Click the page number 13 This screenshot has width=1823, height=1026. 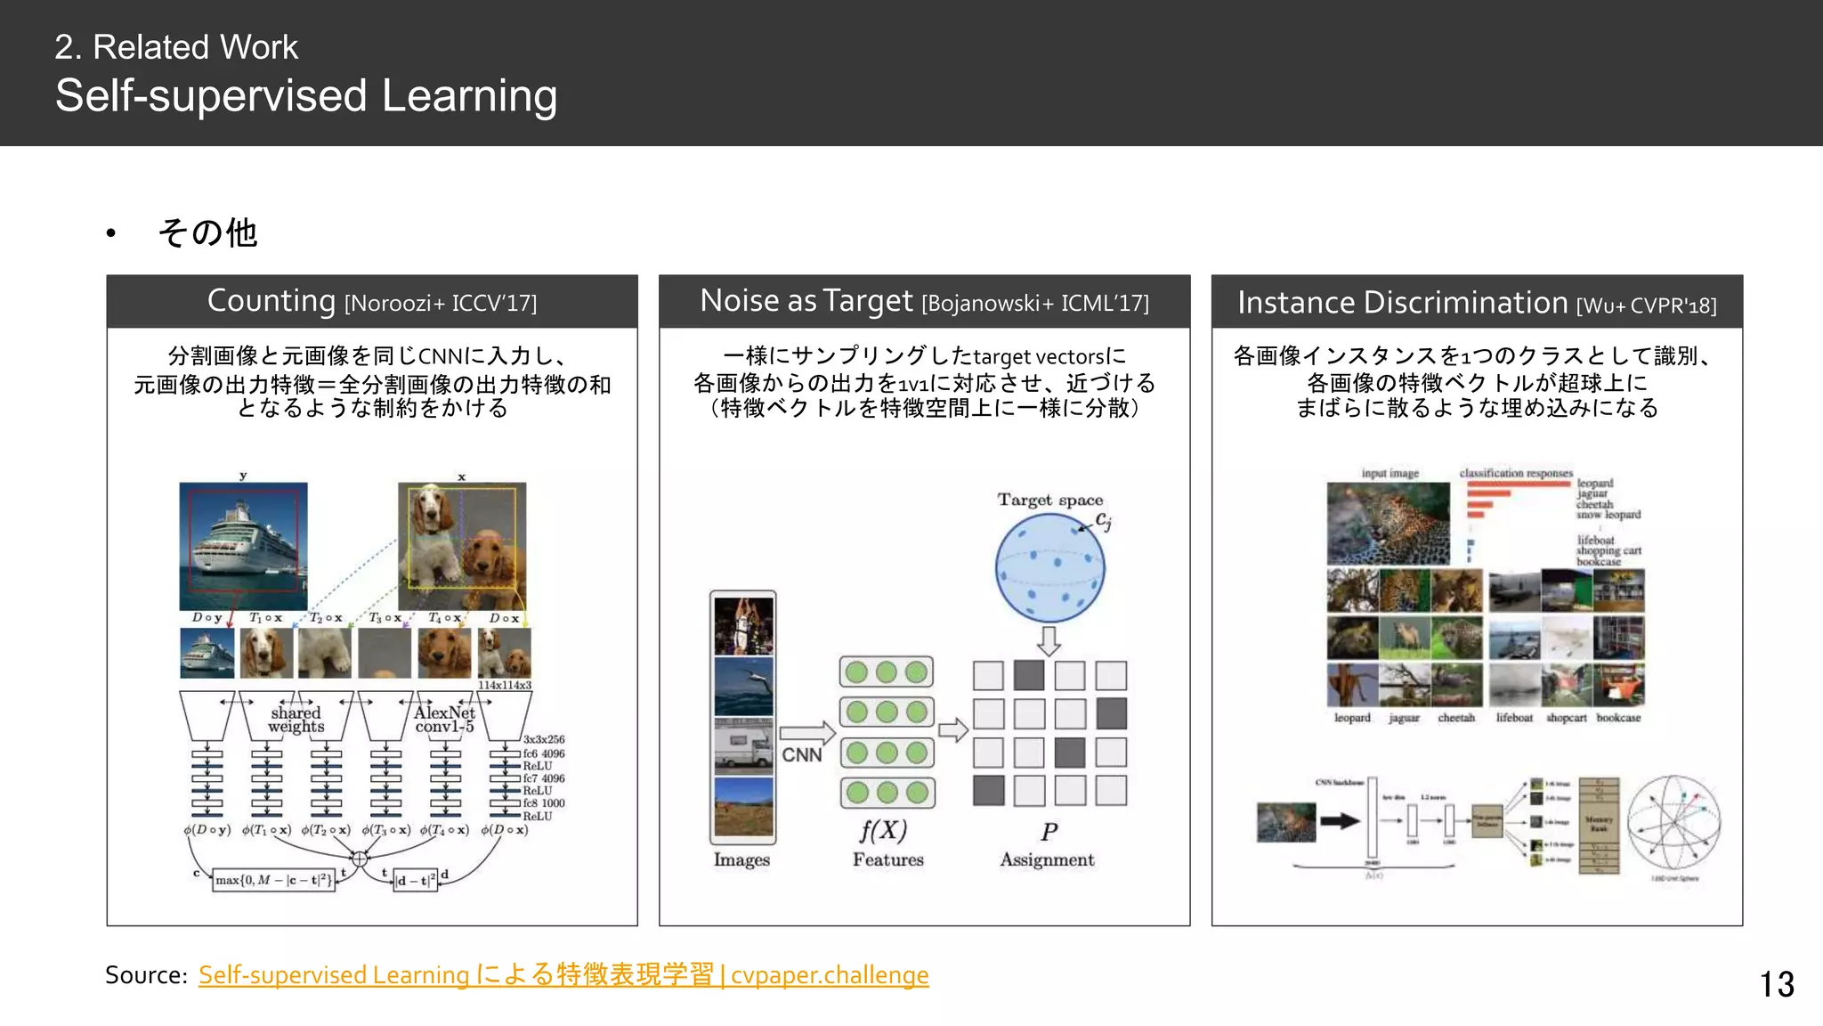click(1776, 984)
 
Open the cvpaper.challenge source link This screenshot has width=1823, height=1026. click(563, 975)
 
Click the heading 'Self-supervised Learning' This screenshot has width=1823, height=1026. click(306, 96)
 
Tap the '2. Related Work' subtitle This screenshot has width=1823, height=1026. click(176, 47)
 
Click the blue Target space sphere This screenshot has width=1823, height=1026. click(1049, 569)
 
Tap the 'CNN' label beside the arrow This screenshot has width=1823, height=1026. click(801, 755)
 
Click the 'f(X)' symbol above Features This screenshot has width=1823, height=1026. click(883, 831)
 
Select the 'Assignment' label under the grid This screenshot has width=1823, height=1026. click(1047, 859)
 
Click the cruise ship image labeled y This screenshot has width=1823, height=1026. click(243, 545)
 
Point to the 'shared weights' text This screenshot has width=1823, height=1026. click(296, 720)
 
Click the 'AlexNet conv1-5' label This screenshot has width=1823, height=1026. click(444, 720)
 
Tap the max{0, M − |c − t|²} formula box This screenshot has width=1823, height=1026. click(274, 881)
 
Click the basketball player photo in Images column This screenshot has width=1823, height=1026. click(743, 625)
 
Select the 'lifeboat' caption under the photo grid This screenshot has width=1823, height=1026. click(1514, 718)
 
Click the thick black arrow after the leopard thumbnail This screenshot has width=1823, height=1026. click(1339, 821)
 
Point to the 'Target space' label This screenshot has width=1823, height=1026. click(1049, 501)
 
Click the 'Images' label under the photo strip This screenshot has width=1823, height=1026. click(741, 859)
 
